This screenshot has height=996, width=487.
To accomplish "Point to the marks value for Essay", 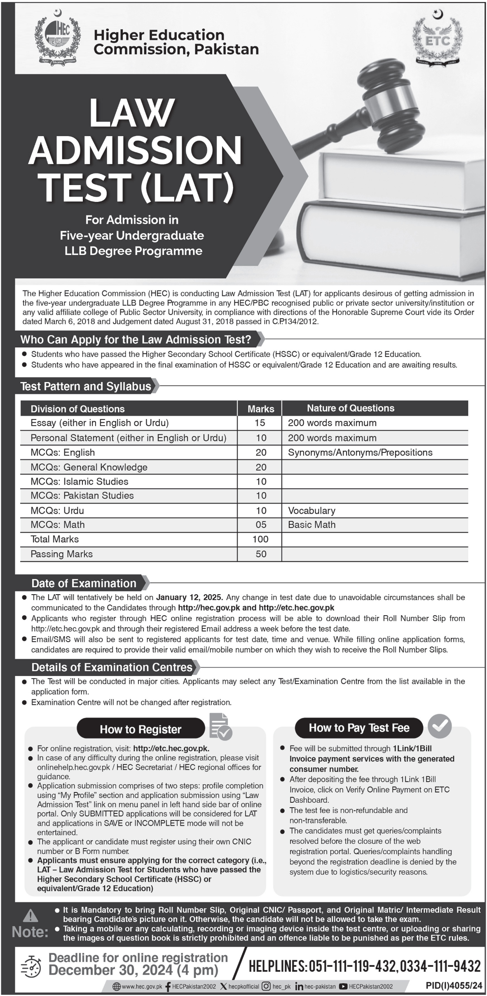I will pos(260,423).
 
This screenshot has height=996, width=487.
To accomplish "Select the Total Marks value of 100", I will pos(260,539).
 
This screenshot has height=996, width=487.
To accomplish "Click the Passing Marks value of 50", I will pos(261,554).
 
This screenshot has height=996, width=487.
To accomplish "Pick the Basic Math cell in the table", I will pos(312,525).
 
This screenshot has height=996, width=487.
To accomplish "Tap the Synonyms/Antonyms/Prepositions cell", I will pos(360,452).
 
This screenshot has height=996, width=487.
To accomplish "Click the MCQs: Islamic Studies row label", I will pos(80,481).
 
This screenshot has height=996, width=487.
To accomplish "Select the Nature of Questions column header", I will pos(351,408).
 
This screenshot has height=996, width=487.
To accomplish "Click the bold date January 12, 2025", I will pos(190,597).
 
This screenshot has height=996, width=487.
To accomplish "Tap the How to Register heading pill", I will pos(140,729).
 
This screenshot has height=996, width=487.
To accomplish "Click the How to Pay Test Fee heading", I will pos(359,728).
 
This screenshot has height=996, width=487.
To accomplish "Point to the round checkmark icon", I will pos(440,726).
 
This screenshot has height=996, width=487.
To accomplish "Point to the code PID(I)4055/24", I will pos(454,986).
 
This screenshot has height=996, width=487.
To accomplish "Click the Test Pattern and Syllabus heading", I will pos(86,387).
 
